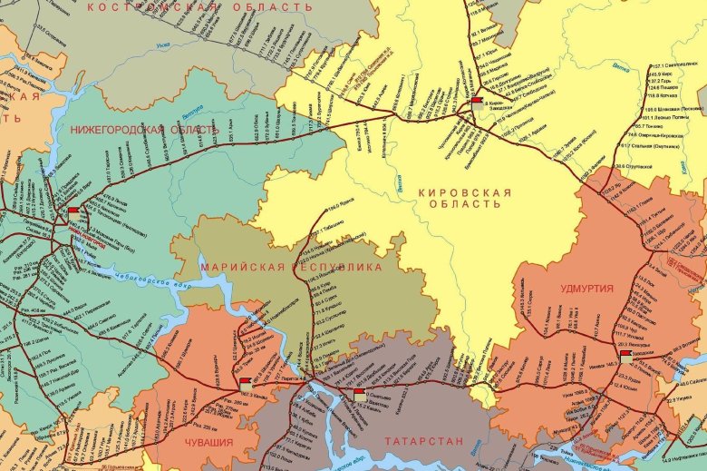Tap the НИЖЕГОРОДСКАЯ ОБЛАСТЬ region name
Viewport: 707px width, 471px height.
pos(144,129)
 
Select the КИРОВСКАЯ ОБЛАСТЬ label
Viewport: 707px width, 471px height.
pos(465,199)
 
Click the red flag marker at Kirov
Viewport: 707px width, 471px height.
pos(477,100)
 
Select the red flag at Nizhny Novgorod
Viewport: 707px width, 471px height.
pos(73,211)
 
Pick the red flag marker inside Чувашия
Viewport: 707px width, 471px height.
pos(246,382)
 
